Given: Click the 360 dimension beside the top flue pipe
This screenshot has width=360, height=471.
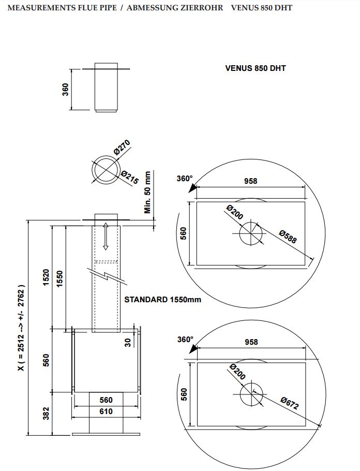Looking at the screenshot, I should click(x=66, y=89).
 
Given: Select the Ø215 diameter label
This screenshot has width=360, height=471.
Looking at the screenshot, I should click(x=130, y=177).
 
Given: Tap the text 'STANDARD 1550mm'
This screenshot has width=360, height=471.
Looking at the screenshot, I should click(x=162, y=299).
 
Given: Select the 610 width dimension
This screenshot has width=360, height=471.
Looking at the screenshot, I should click(x=106, y=411).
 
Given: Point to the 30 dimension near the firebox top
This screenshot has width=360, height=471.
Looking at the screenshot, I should click(x=128, y=342).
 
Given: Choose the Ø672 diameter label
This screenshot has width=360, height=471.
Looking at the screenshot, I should click(x=290, y=403).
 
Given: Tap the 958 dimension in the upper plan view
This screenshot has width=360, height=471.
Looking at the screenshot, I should click(x=250, y=181).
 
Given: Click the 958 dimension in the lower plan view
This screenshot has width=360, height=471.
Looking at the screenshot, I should click(x=250, y=342).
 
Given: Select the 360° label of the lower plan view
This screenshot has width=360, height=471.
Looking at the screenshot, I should click(x=185, y=340).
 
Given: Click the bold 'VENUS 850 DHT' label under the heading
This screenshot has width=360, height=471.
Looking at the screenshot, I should click(x=256, y=68).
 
